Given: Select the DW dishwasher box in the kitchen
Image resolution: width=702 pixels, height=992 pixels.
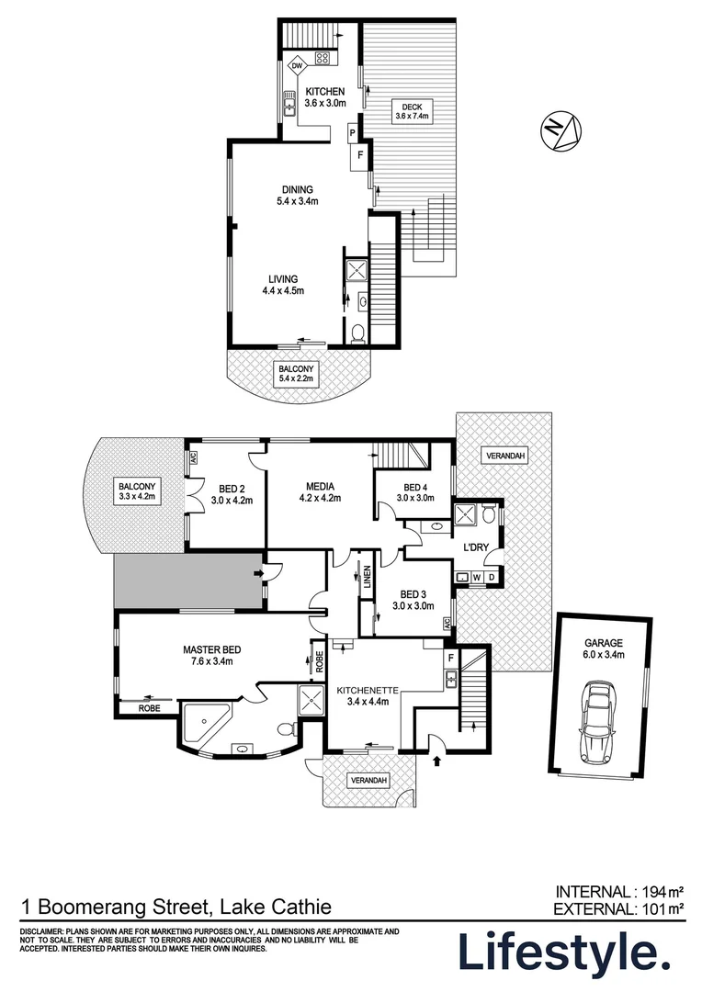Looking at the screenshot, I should [297, 66].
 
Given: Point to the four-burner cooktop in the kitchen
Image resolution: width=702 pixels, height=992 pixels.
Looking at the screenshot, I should [323, 59].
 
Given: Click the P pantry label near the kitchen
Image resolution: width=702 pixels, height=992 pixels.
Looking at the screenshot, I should [352, 134].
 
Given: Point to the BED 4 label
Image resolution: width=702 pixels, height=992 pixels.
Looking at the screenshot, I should [415, 488].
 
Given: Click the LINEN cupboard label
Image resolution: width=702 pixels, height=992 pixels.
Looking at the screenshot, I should [366, 581].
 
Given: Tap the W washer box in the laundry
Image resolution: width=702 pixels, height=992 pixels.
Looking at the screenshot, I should [476, 577].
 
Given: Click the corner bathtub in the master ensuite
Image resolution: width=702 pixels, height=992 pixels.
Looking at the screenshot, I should [206, 722].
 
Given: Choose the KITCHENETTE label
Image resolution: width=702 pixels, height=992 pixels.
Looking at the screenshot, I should [363, 690].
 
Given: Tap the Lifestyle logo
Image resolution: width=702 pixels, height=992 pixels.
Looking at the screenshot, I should [563, 953].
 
